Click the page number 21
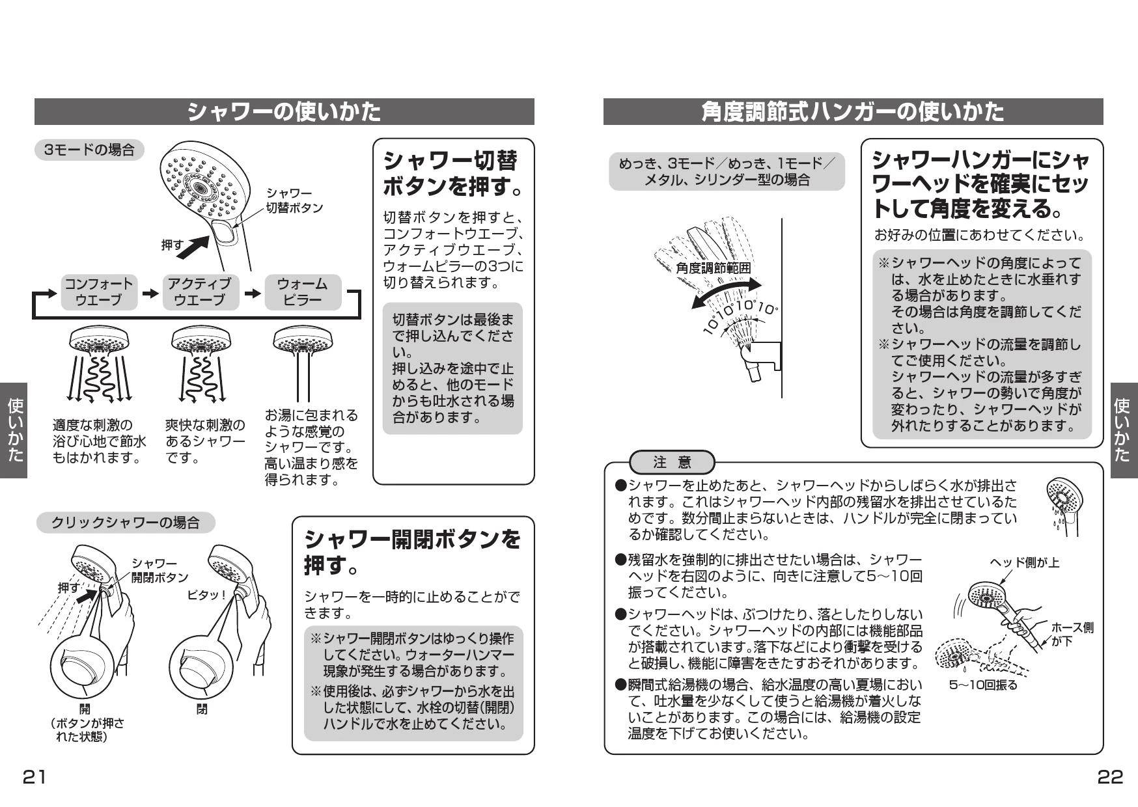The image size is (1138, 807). click(35, 776)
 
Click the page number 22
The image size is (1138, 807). click(1111, 776)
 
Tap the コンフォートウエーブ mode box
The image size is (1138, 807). click(99, 292)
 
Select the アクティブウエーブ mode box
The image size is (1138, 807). click(200, 292)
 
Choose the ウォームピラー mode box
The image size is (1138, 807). click(303, 292)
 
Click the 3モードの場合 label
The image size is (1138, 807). click(89, 150)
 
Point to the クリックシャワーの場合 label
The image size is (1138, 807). click(125, 523)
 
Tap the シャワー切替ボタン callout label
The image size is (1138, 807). click(294, 200)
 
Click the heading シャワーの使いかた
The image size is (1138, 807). click(284, 112)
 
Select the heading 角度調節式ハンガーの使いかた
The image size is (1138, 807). click(853, 112)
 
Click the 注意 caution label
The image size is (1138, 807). click(672, 463)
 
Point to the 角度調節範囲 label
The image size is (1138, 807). click(713, 267)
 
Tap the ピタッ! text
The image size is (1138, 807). click(206, 595)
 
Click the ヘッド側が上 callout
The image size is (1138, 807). click(1025, 562)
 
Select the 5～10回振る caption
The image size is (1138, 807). click(983, 685)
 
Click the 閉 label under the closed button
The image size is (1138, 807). click(202, 709)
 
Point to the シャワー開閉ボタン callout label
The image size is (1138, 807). click(160, 570)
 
